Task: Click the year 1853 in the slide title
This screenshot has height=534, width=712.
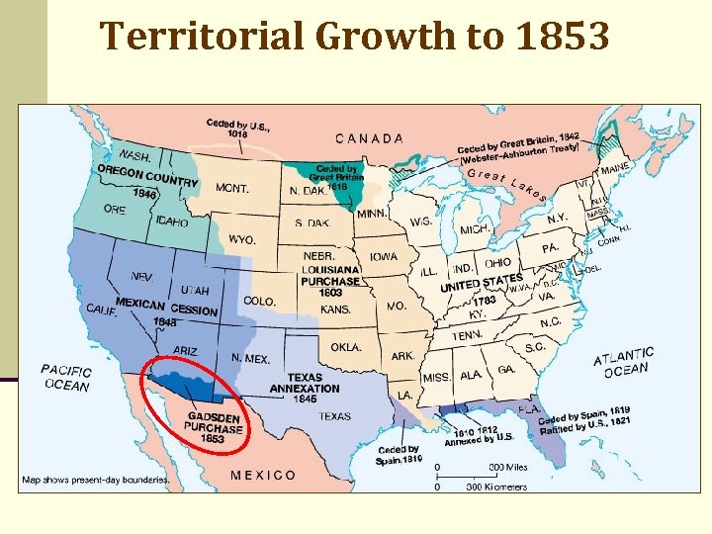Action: [x=560, y=37]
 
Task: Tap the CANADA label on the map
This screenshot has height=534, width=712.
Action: [x=370, y=138]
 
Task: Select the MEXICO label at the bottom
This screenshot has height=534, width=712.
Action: [x=263, y=475]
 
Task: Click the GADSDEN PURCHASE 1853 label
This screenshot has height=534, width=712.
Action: [x=215, y=428]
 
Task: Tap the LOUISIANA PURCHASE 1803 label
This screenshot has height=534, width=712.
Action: [x=330, y=280]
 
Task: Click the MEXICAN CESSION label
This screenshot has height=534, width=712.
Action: [x=166, y=310]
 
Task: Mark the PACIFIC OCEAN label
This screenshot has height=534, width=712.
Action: [x=66, y=378]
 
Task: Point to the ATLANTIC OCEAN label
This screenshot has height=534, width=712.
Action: [x=624, y=362]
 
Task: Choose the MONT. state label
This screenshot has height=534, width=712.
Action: [x=231, y=188]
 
